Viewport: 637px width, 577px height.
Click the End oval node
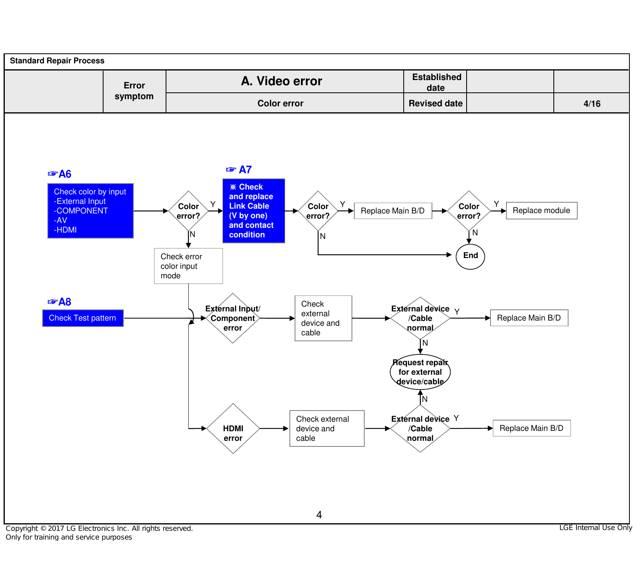pyautogui.click(x=470, y=256)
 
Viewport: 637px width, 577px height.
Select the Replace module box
pyautogui.click(x=541, y=211)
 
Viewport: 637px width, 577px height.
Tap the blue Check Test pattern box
pyautogui.click(x=83, y=318)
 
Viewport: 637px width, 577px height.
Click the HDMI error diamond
pyautogui.click(x=233, y=428)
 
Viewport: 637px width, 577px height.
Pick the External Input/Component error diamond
pyautogui.click(x=233, y=318)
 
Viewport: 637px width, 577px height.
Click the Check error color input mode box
pyautogui.click(x=188, y=266)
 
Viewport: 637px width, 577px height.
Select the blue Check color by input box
pyautogui.click(x=90, y=211)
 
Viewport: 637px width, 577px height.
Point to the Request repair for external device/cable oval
pyautogui.click(x=420, y=372)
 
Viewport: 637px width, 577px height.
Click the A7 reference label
pyautogui.click(x=239, y=170)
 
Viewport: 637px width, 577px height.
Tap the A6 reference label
pyautogui.click(x=59, y=174)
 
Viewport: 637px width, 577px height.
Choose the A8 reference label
pyautogui.click(x=59, y=302)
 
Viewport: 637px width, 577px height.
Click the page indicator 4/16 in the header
pyautogui.click(x=592, y=104)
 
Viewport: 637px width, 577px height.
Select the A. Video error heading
pyautogui.click(x=281, y=81)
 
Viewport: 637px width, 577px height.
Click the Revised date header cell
pyautogui.click(x=436, y=104)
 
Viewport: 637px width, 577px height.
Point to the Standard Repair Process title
pyautogui.click(x=57, y=61)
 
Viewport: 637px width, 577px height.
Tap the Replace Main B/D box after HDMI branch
pyautogui.click(x=531, y=428)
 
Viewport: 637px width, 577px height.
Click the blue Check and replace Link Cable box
pyautogui.click(x=254, y=211)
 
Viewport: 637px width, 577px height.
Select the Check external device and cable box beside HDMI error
pyautogui.click(x=327, y=428)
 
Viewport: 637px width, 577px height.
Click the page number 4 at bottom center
pyautogui.click(x=319, y=515)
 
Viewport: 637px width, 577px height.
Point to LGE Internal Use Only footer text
pyautogui.click(x=596, y=528)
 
